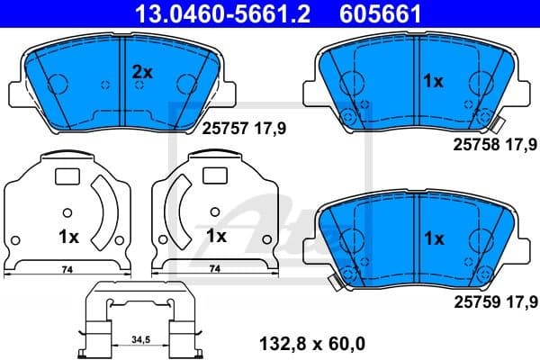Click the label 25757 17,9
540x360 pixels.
click(x=237, y=130)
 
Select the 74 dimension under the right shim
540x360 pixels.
click(x=213, y=269)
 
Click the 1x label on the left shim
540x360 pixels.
click(x=68, y=238)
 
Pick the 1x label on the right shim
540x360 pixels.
click(x=216, y=237)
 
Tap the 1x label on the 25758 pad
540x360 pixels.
click(x=434, y=82)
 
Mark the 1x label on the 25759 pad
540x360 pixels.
click(x=434, y=238)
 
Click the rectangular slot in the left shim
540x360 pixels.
click(x=67, y=176)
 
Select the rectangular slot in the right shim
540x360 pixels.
click(x=214, y=176)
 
